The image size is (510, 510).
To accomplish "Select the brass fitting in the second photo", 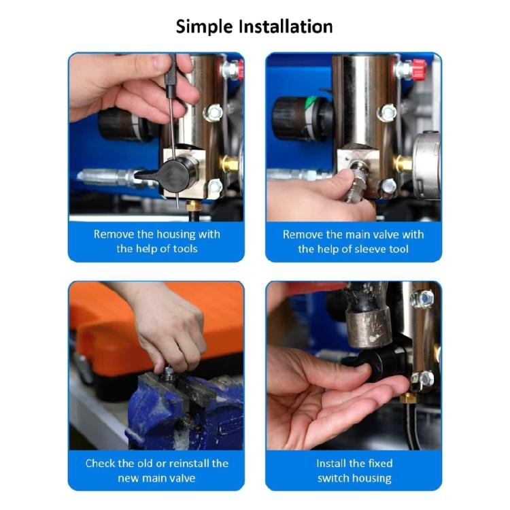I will (x=403, y=163).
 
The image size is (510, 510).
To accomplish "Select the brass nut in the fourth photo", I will (x=409, y=398).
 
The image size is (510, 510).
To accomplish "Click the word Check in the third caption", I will (x=101, y=463).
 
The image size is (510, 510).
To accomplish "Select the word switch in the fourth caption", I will (x=334, y=478).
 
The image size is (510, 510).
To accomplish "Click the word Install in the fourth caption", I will (x=334, y=463).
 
